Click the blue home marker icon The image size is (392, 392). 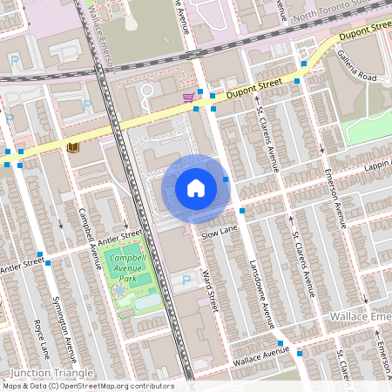[x=196, y=187]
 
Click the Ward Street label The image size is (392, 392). [x=209, y=291]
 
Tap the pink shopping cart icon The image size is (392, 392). [x=187, y=98]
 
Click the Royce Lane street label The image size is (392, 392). [x=41, y=340]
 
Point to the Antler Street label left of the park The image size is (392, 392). [x=21, y=261]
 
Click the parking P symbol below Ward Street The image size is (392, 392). [x=186, y=280]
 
